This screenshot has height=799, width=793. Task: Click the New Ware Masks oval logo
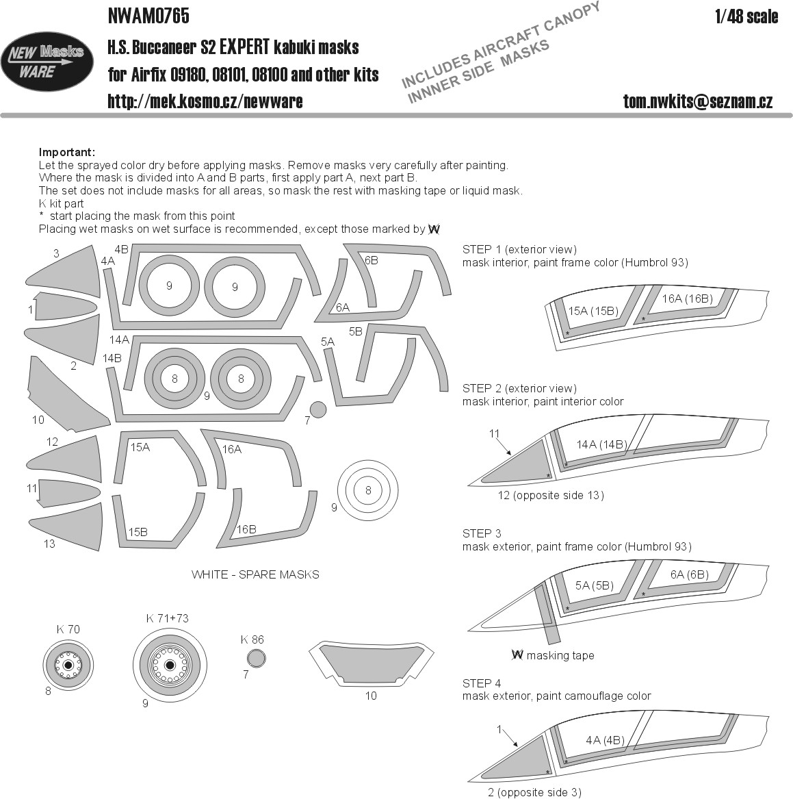click(x=47, y=62)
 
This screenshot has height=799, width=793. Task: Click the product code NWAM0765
click(x=148, y=15)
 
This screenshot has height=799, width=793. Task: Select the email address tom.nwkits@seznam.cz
click(x=698, y=102)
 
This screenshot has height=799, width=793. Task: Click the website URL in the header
click(x=205, y=102)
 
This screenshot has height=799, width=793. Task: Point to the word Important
click(x=67, y=152)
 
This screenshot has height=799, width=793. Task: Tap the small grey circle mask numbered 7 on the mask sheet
click(x=318, y=409)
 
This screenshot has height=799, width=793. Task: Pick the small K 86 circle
click(x=255, y=659)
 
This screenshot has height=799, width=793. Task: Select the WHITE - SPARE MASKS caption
click(x=255, y=574)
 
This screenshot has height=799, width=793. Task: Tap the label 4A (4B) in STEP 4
click(x=605, y=740)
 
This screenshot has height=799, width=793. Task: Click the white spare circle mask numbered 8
click(x=368, y=490)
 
